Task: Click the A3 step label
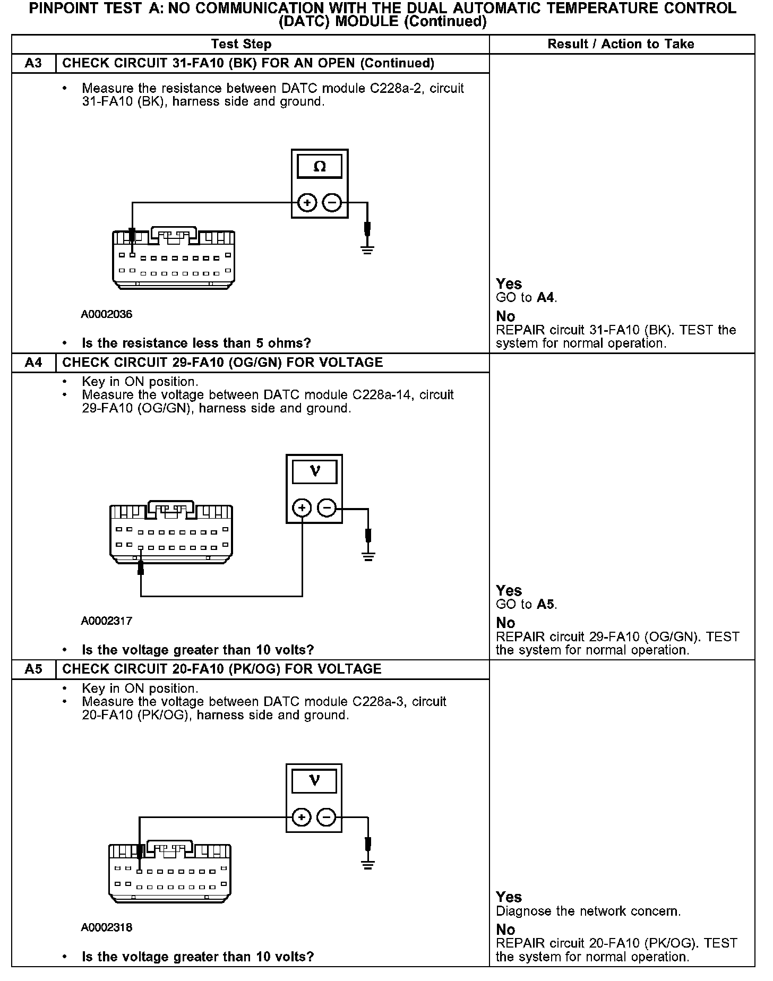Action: tap(33, 63)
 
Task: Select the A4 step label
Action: tap(33, 363)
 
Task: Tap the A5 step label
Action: tap(33, 669)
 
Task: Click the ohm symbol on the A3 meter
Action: tap(320, 167)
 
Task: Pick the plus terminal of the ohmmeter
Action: tap(307, 203)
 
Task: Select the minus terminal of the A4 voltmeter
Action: tap(327, 509)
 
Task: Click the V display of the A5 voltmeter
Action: tap(314, 780)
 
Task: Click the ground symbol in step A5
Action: tap(367, 864)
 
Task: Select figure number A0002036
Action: tap(107, 314)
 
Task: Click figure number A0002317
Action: tap(107, 621)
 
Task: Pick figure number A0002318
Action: tap(107, 927)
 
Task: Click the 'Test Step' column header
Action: tap(241, 44)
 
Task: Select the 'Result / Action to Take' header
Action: tap(621, 44)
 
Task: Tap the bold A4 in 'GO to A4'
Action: tap(546, 297)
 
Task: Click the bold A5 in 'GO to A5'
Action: tap(546, 604)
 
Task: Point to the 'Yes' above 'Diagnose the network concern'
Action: tap(509, 897)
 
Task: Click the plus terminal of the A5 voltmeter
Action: tap(302, 816)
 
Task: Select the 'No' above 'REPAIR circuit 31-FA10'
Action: tap(505, 316)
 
